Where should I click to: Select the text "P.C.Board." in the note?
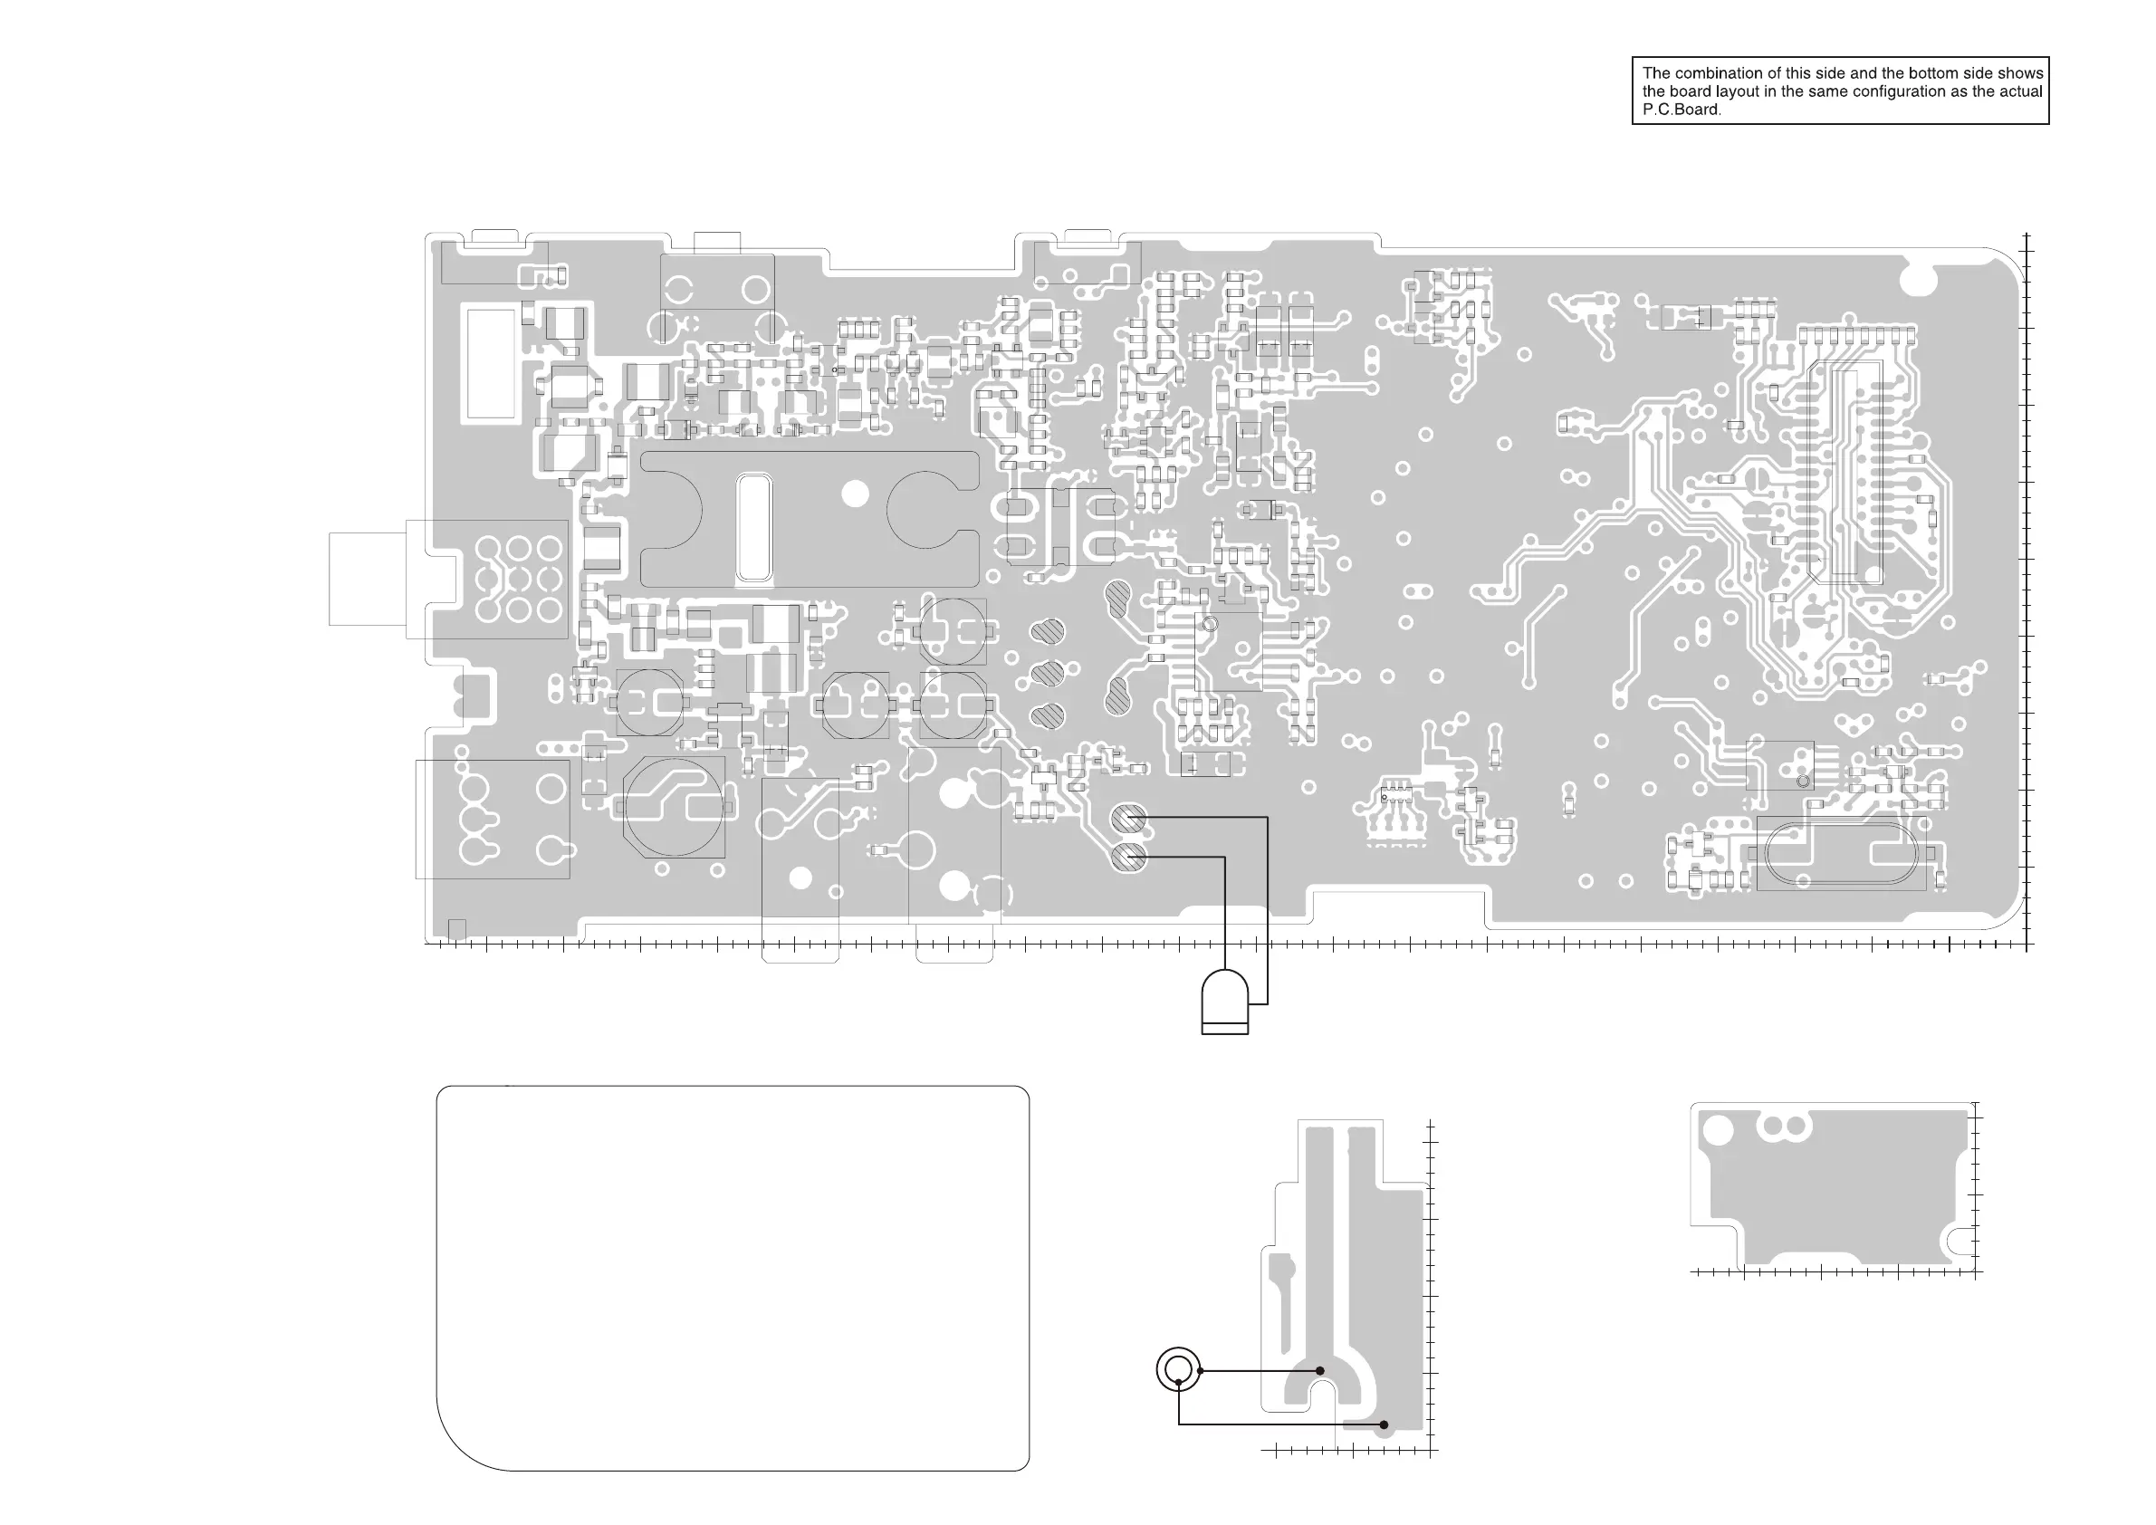[x=1682, y=109]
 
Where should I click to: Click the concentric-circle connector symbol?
[x=1178, y=1370]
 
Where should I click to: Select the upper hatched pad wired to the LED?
[x=1127, y=819]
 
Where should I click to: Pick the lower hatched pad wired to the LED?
[x=1127, y=858]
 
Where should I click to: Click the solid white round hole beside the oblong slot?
[x=855, y=493]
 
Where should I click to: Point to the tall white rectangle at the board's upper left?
[x=490, y=363]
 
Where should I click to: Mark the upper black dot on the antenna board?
[x=1320, y=1371]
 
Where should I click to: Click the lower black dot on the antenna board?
[x=1384, y=1424]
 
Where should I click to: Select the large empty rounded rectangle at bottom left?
[x=733, y=1277]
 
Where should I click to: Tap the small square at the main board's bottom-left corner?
[x=457, y=929]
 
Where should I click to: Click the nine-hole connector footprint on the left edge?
[x=518, y=579]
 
